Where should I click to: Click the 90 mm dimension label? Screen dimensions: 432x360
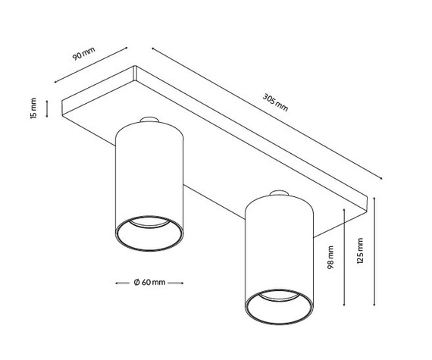pos(84,54)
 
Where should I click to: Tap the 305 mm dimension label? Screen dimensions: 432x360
pos(275,102)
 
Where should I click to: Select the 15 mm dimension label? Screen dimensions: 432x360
pos(33,108)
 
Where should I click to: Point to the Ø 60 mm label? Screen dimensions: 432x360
pos(149,283)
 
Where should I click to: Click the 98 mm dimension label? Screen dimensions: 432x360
pos(330,258)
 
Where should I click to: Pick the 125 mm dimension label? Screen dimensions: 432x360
pos(360,251)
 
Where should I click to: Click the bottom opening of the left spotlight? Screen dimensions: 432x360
pos(149,233)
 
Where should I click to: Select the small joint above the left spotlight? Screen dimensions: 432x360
pos(149,120)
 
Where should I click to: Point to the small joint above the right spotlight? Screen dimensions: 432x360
pos(279,193)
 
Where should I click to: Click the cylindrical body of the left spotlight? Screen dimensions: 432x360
pos(149,177)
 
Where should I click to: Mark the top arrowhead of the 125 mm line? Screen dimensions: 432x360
pos(374,199)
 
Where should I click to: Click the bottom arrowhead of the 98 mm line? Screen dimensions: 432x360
pos(344,304)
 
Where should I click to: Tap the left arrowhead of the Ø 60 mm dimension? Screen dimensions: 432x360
pos(117,283)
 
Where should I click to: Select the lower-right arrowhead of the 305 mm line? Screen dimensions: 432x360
pos(380,179)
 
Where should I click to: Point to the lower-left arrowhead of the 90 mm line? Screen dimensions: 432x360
pos(55,82)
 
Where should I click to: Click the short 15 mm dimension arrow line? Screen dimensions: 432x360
pos(47,109)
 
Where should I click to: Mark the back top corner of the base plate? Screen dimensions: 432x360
pos(135,66)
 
